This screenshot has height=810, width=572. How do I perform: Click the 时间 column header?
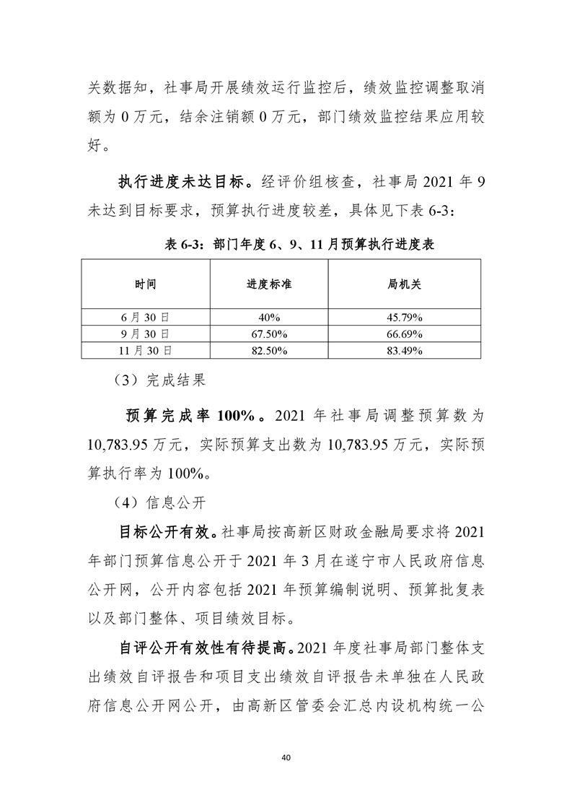145,284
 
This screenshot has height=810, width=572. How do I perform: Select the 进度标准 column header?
269,284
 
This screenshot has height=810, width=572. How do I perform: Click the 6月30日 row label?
145,317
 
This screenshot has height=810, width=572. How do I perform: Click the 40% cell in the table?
269,317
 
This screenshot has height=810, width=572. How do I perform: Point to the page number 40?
286,757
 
